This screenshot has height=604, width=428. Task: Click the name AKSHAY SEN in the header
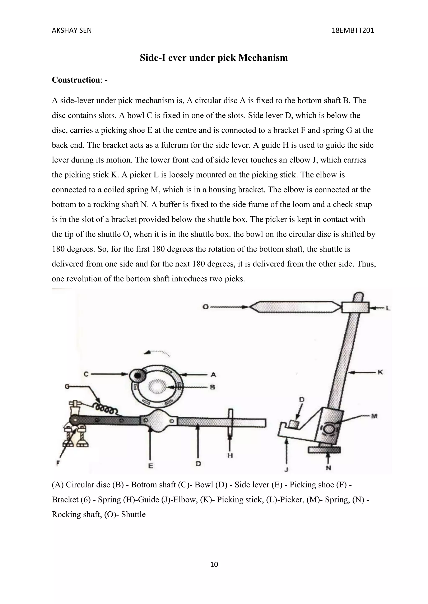(71, 30)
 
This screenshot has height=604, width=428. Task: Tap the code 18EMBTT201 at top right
(353, 30)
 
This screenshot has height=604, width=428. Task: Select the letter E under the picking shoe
(150, 466)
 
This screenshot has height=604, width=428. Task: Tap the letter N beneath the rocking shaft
(328, 467)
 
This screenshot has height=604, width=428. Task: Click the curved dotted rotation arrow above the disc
(157, 353)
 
